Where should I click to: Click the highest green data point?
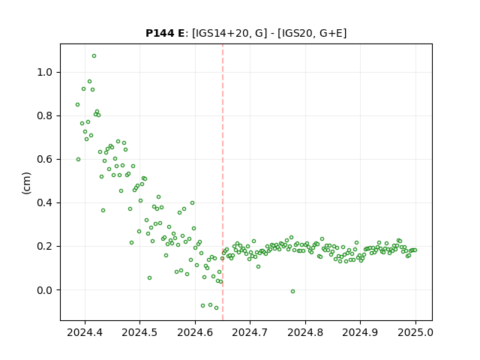click(94, 56)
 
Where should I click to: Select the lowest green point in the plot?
click(217, 308)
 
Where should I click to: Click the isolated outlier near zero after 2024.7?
click(293, 292)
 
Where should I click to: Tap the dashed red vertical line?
click(223, 182)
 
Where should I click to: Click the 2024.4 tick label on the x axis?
click(85, 332)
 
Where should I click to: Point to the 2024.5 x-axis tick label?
click(140, 332)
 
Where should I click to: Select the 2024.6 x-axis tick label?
click(195, 332)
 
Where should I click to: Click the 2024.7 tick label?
click(250, 332)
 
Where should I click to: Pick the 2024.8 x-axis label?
click(305, 332)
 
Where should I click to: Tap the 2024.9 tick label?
click(360, 332)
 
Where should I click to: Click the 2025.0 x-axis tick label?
click(415, 332)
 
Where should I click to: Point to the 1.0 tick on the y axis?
click(45, 73)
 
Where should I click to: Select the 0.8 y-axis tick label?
click(45, 116)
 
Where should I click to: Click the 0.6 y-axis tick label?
click(45, 160)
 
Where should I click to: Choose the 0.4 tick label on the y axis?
click(45, 203)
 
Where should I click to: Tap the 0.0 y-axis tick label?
click(45, 290)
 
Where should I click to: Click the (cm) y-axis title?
click(27, 183)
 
